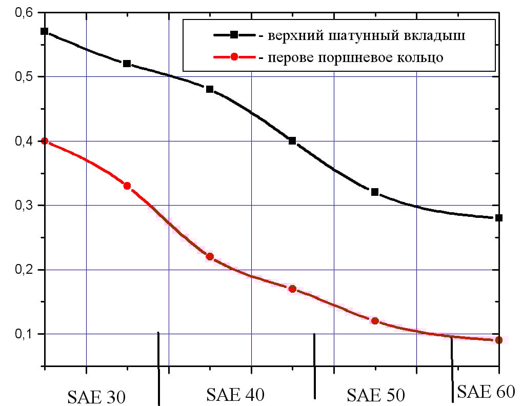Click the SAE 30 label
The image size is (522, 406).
pos(97,397)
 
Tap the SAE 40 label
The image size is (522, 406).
pos(235,394)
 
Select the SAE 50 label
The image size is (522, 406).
pos(376,395)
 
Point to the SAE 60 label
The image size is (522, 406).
pos(485,392)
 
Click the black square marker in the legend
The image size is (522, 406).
pos(234,35)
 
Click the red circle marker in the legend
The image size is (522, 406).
pos(234,57)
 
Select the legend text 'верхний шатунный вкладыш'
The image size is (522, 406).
pos(366,35)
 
